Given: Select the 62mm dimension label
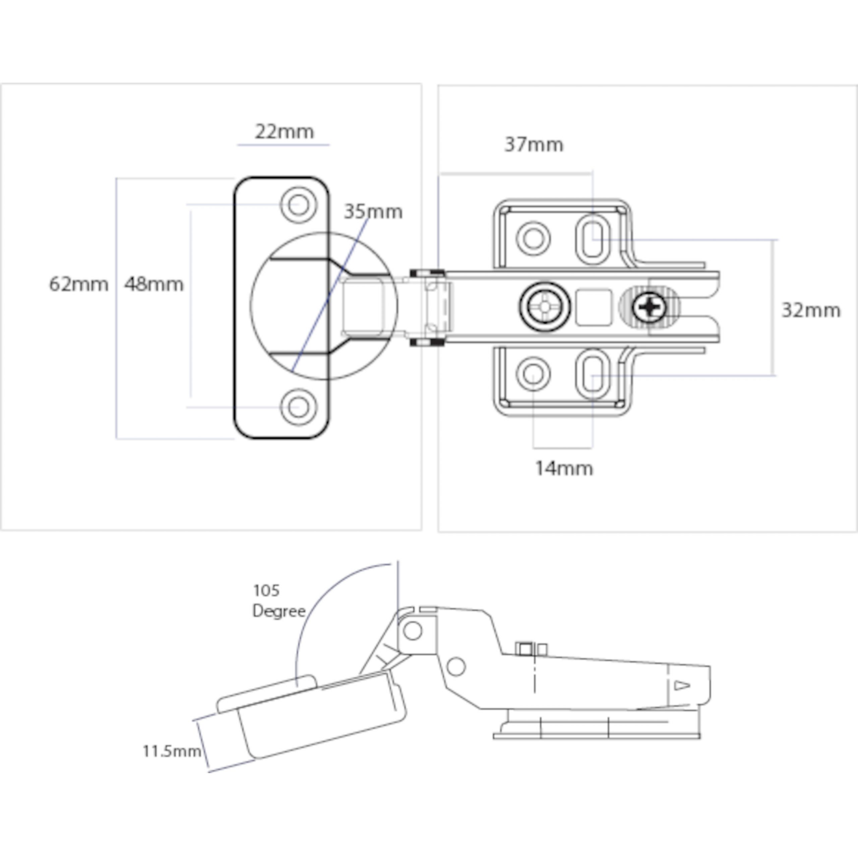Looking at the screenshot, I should tap(79, 284).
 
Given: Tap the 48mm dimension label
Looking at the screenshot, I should tap(154, 284).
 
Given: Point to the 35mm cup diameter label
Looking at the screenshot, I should tap(373, 212).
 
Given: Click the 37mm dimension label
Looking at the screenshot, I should tap(534, 145).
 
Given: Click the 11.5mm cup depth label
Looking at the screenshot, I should tap(171, 751).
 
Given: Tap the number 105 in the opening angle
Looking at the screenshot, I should tap(266, 591).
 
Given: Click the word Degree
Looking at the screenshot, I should tap(279, 612).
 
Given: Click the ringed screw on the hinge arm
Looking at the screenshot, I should tap(545, 307).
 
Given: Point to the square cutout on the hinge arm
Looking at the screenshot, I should tap(593, 307).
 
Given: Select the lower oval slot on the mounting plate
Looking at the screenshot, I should tap(593, 374).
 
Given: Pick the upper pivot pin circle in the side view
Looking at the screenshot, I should tap(413, 630).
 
